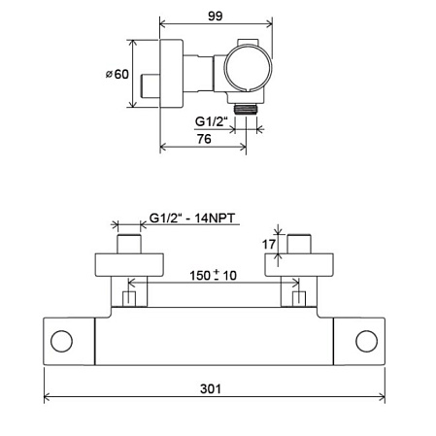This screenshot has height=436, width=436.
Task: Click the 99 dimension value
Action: (215, 16)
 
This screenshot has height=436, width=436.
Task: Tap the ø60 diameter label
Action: (117, 74)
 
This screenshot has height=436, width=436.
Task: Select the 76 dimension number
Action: (204, 139)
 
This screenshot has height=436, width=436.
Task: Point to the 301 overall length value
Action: (211, 388)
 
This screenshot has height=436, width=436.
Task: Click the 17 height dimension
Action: (269, 245)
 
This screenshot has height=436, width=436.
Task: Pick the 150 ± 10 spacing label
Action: (213, 276)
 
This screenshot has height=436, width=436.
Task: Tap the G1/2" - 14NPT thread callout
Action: (192, 218)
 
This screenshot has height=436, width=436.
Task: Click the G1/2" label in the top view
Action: (212, 121)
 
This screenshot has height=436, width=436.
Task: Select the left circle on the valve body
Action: (61, 341)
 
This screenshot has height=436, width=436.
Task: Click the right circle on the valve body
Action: (366, 341)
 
